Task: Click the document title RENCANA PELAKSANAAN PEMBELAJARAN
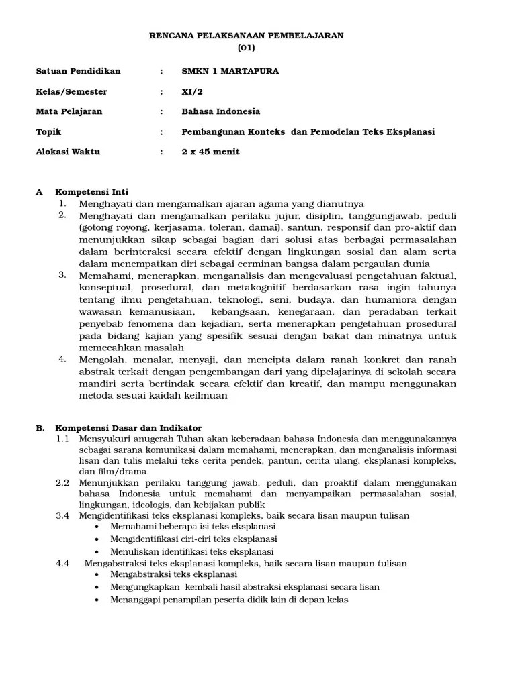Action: [246, 36]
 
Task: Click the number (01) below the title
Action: [246, 48]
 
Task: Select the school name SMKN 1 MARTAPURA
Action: [230, 71]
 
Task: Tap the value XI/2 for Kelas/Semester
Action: [191, 91]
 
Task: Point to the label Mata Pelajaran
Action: [69, 111]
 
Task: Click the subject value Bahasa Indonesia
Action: [220, 111]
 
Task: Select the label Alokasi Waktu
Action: [67, 152]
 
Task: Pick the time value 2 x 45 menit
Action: [210, 152]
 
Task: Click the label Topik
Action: [48, 131]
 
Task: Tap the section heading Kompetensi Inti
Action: [91, 192]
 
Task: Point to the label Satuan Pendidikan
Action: [78, 71]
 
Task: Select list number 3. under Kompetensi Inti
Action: [62, 274]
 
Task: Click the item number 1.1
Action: [63, 438]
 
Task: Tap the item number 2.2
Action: [63, 482]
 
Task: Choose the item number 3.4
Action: [63, 515]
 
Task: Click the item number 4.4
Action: [63, 564]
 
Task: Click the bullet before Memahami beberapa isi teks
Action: [98, 527]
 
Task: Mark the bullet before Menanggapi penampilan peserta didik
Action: [98, 600]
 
